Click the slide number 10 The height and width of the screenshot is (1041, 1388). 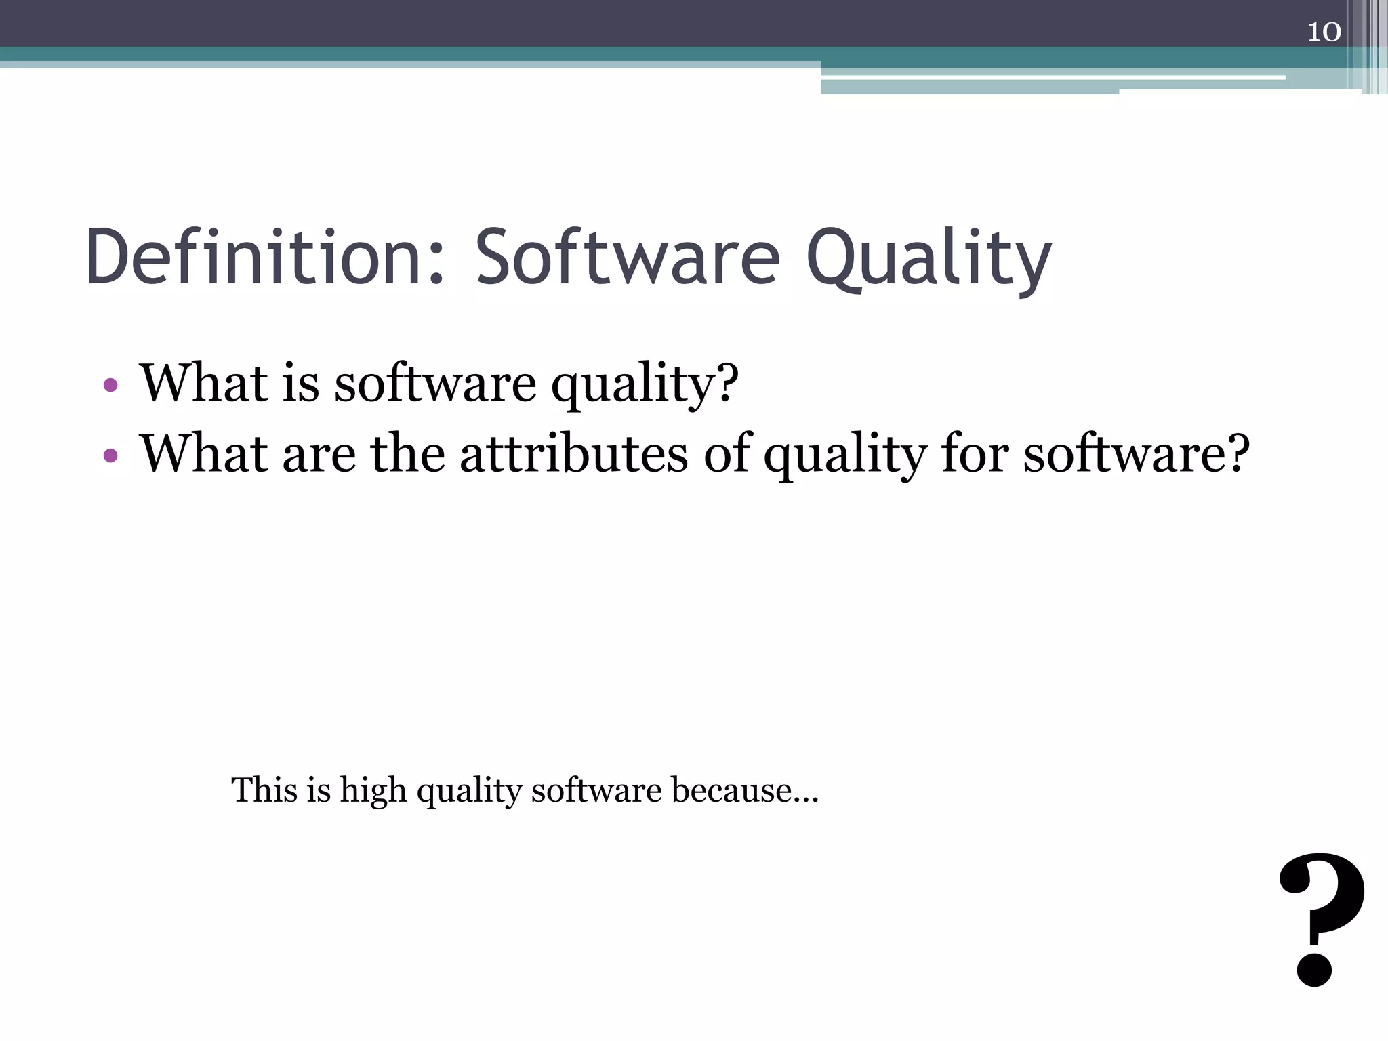pyautogui.click(x=1324, y=32)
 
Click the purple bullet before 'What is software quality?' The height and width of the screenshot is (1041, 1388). pyautogui.click(x=110, y=386)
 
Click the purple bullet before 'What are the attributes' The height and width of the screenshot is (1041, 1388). pyautogui.click(x=110, y=455)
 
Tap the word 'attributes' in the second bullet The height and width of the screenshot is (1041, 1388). pyautogui.click(x=573, y=453)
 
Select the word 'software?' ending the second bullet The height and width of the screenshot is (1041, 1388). pyautogui.click(x=1136, y=453)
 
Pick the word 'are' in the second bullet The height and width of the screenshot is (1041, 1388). pyautogui.click(x=319, y=455)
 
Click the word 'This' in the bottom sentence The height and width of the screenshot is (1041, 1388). pyautogui.click(x=263, y=790)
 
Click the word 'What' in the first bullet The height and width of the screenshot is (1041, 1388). pyautogui.click(x=201, y=383)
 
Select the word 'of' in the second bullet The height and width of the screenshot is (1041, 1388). pyautogui.click(x=727, y=453)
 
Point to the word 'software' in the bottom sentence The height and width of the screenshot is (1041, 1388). pyautogui.click(x=596, y=790)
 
